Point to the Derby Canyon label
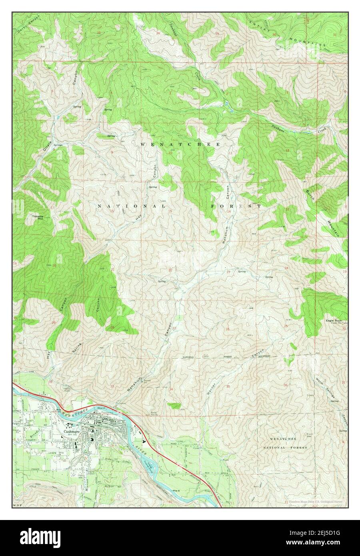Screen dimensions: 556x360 (29, 24)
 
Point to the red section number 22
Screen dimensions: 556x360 (170, 270)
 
